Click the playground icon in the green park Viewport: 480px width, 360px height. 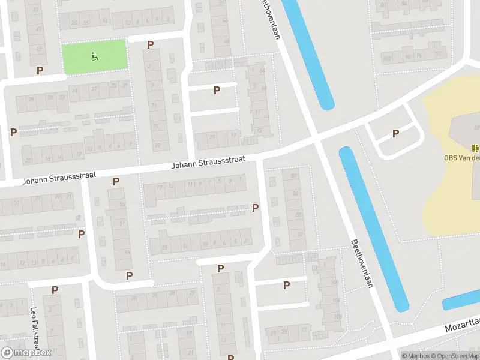(95, 57)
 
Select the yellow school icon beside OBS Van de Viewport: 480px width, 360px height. (475, 148)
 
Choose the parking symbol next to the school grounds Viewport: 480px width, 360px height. (395, 134)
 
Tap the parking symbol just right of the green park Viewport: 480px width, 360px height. (150, 44)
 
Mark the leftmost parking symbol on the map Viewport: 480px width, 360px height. (13, 131)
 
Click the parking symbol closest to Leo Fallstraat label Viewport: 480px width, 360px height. (55, 290)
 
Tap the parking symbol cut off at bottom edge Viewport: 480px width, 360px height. (230, 358)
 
